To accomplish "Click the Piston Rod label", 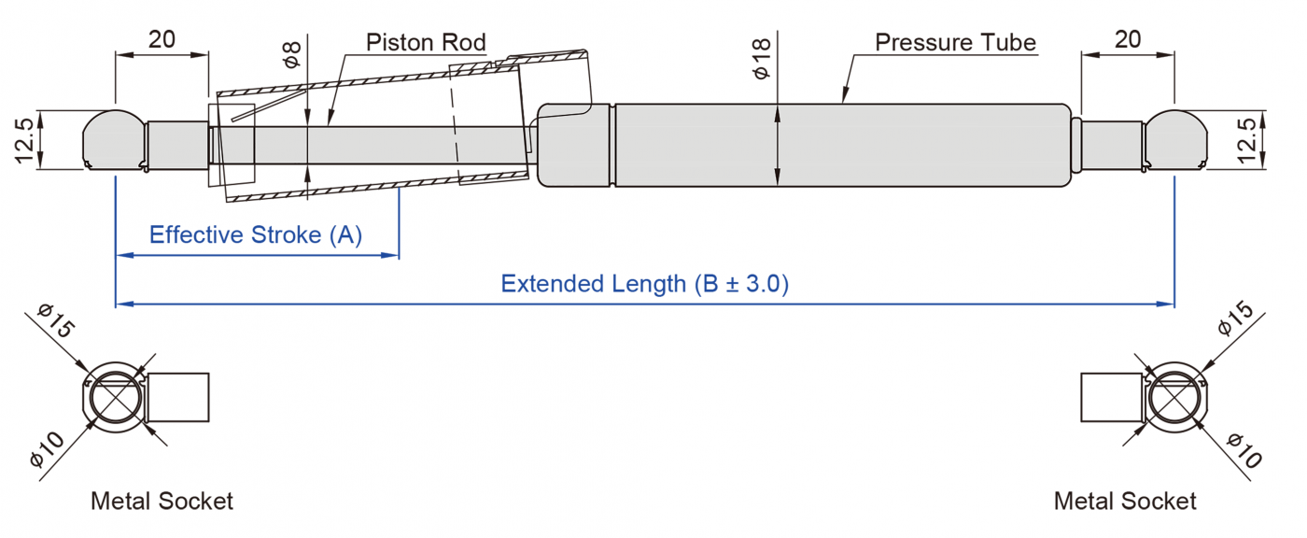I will [426, 43].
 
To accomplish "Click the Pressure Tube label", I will [955, 43].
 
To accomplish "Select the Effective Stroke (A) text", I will [256, 234].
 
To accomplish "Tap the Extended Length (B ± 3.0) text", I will [644, 284].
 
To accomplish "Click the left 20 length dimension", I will [162, 39].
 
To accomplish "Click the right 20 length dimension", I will [1127, 39].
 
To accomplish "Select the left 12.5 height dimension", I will [25, 140].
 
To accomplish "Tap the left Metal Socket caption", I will [162, 502].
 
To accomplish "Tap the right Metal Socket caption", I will [1125, 502].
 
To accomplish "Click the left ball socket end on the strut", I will [114, 141].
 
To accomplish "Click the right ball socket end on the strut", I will [1174, 141].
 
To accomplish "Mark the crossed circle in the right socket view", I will [1174, 398].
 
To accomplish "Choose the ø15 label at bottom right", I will [1238, 322].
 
